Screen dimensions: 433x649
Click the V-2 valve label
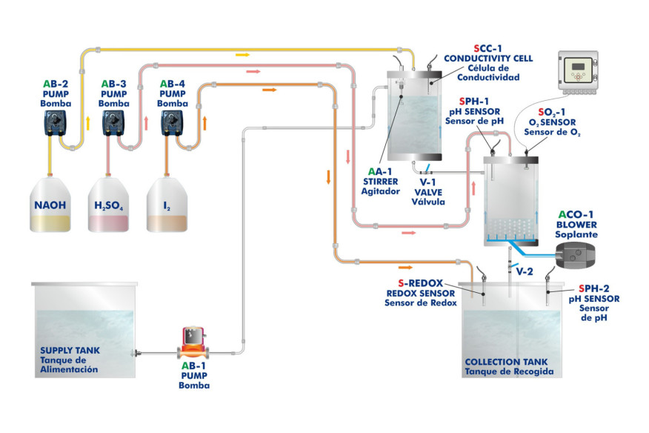[525, 272]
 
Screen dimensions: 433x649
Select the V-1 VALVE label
[428, 191]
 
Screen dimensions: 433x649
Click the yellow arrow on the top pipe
[242, 54]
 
